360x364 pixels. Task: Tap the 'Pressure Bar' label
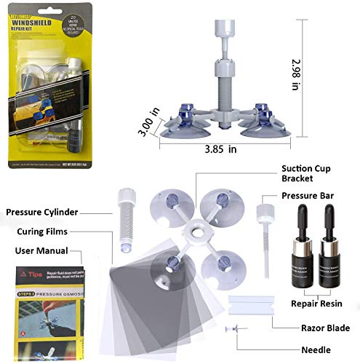click(x=311, y=197)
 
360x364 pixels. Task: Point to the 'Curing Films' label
click(x=47, y=232)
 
